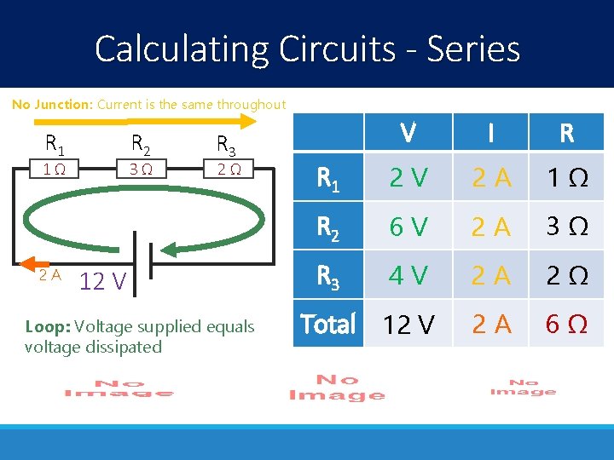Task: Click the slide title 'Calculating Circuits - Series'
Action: [307, 49]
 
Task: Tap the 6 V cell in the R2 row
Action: [408, 227]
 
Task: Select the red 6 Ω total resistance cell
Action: [565, 325]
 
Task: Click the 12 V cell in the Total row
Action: [408, 325]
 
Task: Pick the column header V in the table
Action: [408, 133]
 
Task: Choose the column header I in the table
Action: [493, 133]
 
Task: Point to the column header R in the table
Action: [565, 133]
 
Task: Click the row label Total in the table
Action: [328, 325]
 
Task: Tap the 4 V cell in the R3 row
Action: [408, 276]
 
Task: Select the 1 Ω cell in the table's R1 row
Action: [565, 177]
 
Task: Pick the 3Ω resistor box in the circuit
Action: [142, 169]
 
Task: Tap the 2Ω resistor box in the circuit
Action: [229, 169]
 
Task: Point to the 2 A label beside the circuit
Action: [49, 274]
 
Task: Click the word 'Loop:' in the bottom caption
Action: [47, 327]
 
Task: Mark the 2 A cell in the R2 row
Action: [493, 227]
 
